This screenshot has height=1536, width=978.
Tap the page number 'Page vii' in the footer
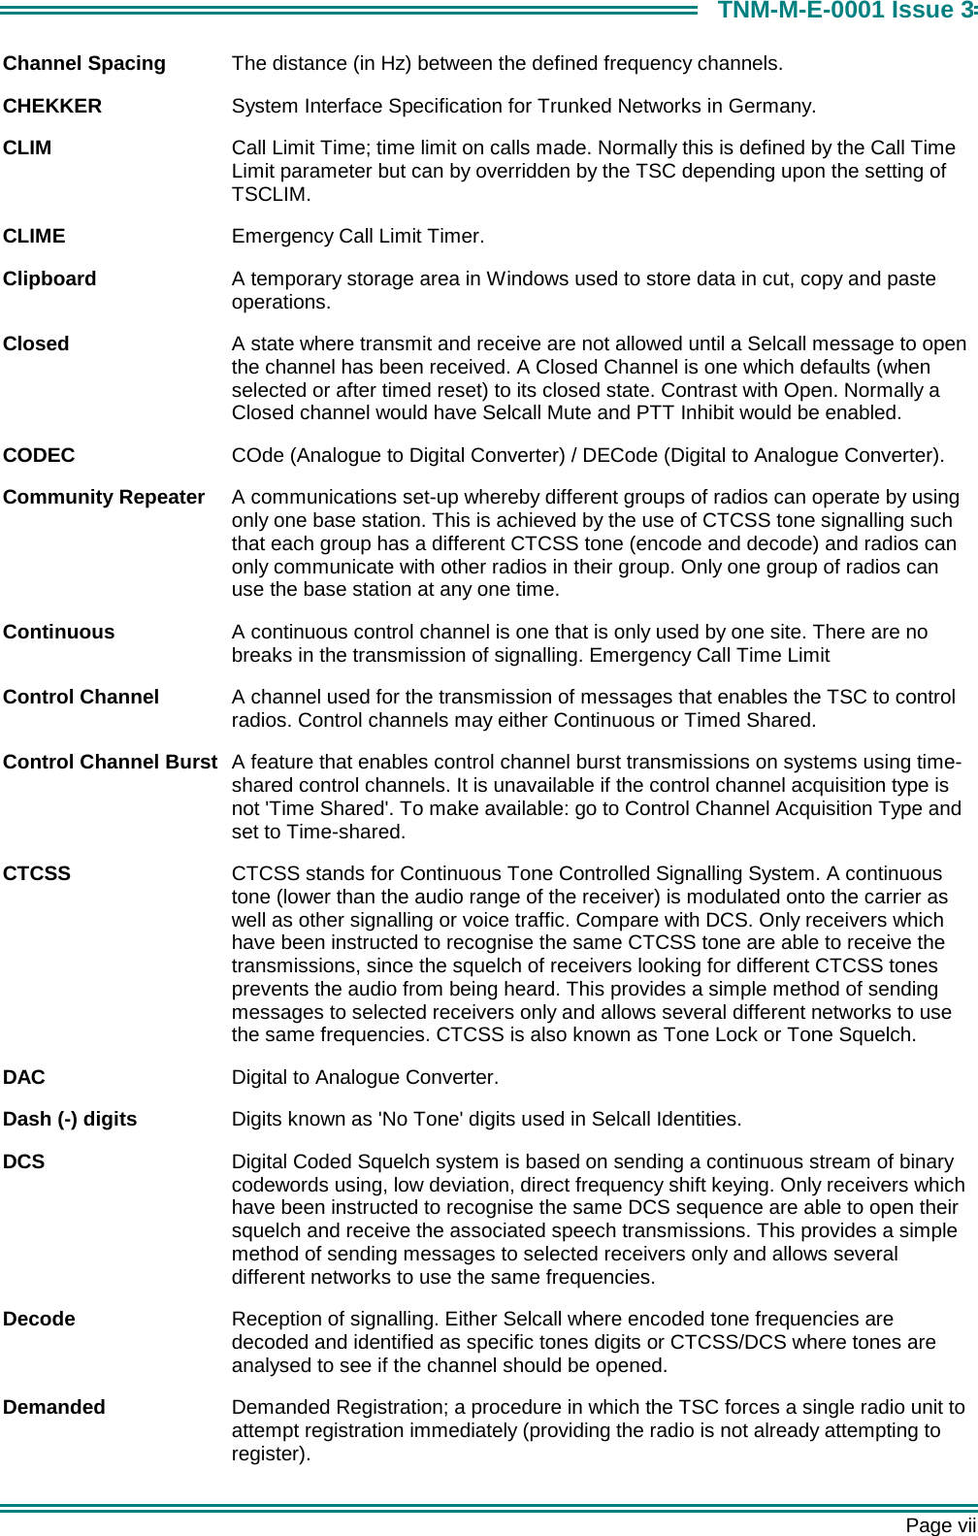[x=940, y=1525]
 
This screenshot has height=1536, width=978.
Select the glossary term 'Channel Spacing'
[x=84, y=64]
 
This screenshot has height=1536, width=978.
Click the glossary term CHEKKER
[x=52, y=106]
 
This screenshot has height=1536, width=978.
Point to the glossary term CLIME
[x=35, y=236]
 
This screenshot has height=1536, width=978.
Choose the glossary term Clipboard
[x=49, y=278]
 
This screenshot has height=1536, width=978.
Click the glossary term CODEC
[x=39, y=455]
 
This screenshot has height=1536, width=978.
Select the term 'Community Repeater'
[x=104, y=497]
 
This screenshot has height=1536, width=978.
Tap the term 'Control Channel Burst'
[x=110, y=762]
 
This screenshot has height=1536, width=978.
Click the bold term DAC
[x=24, y=1077]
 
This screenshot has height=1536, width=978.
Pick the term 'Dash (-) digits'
[x=70, y=1119]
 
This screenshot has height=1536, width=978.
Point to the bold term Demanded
[x=54, y=1407]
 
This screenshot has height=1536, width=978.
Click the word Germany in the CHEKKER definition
[x=775, y=106]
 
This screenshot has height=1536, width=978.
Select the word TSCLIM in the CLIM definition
[x=269, y=194]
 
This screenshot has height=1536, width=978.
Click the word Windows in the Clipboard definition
[x=532, y=278]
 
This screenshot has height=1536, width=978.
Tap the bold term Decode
[x=39, y=1319]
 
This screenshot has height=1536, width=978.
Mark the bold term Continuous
[x=59, y=632]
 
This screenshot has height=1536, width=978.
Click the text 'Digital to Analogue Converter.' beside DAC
[x=365, y=1077]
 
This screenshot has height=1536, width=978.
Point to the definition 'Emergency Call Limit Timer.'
[x=358, y=236]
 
